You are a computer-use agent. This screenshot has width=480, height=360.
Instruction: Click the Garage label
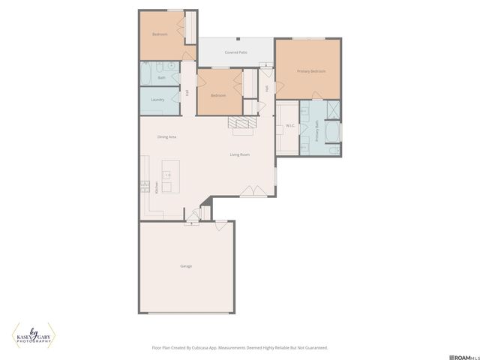[x=186, y=266]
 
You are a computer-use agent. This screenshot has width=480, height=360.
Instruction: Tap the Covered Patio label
[x=236, y=52]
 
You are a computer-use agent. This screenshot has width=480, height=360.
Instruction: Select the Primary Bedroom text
[x=311, y=71]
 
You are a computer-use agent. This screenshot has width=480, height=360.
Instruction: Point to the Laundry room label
[x=157, y=100]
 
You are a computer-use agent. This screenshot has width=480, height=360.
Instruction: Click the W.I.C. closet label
[x=289, y=126]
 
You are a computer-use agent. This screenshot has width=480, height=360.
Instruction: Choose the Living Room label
[x=240, y=154]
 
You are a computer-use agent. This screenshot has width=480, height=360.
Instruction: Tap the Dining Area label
[x=166, y=137]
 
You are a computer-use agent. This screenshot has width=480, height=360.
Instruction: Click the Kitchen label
[x=157, y=187]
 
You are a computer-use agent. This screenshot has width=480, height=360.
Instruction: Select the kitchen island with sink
[x=167, y=177]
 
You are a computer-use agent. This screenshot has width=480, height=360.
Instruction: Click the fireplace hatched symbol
[x=243, y=123]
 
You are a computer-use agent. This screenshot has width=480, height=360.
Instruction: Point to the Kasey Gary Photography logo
[x=34, y=335]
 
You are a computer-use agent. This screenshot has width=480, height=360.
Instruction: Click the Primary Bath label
[x=317, y=133]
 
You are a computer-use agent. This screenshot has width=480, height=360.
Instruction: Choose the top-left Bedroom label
[x=160, y=34]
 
